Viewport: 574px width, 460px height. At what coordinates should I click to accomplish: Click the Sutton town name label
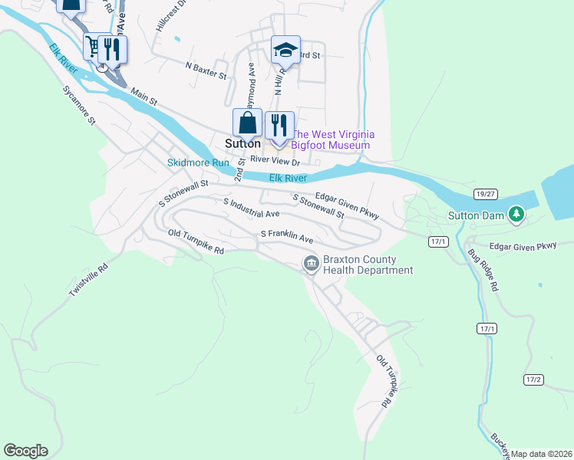coord(242,143)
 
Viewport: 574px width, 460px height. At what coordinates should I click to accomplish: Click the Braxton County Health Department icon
coord(312,264)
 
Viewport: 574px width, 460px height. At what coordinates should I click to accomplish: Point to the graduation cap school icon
coord(285,51)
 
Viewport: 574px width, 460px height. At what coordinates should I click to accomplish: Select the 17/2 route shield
coord(534,379)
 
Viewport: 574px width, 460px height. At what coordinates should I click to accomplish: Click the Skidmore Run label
coord(199,163)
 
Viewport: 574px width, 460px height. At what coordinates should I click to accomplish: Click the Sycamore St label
coord(79,106)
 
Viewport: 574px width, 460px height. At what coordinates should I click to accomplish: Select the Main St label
coord(143,97)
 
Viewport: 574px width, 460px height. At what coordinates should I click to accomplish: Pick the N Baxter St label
coord(206,71)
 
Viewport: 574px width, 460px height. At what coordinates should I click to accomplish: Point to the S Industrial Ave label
coord(251,208)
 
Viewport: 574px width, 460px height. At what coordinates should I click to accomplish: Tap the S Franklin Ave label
coord(287,235)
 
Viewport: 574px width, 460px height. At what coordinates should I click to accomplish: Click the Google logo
coord(25,451)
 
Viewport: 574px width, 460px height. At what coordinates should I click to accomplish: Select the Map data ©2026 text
coord(542,454)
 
